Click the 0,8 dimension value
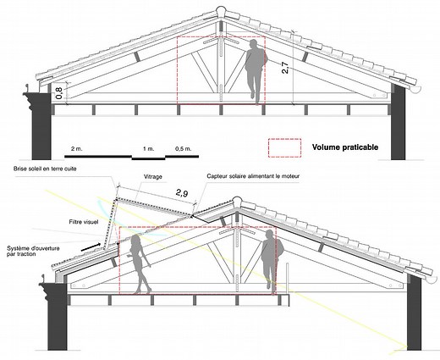(x=59, y=92)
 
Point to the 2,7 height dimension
(x=285, y=68)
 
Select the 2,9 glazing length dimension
(x=182, y=193)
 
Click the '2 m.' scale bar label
(x=77, y=149)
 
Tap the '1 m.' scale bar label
(x=148, y=149)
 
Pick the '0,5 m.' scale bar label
(x=183, y=149)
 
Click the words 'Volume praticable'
(x=345, y=147)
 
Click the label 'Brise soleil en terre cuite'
(x=45, y=169)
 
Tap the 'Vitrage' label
(x=153, y=177)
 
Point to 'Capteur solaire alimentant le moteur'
(x=253, y=176)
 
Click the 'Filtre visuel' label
(x=84, y=222)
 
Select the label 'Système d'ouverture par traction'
(x=33, y=251)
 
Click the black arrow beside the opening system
(x=91, y=246)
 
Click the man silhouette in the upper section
(x=256, y=71)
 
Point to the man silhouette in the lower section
(x=272, y=260)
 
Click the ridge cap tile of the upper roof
(x=220, y=14)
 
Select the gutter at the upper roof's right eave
(x=413, y=89)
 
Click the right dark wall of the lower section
(x=414, y=312)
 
